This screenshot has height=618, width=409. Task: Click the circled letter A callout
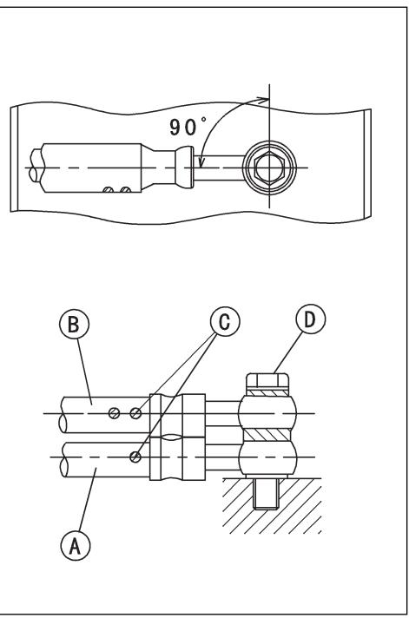coord(75,546)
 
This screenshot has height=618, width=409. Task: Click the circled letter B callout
coord(74,325)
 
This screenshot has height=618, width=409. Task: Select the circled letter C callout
coord(225,322)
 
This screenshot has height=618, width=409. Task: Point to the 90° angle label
coord(188,126)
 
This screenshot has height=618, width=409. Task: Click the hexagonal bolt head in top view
coord(269,168)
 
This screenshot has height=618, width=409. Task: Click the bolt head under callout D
coord(267,381)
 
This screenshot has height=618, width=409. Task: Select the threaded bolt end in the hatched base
coord(267,494)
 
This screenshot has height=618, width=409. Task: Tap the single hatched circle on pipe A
coord(135,457)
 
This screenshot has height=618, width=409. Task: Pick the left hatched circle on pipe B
coord(114,413)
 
